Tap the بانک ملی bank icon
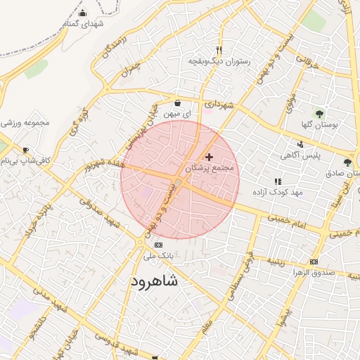pyautogui.click(x=157, y=245)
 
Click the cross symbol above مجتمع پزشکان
pyautogui.click(x=209, y=156)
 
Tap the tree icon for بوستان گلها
pyautogui.click(x=320, y=112)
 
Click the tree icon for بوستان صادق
pyautogui.click(x=347, y=162)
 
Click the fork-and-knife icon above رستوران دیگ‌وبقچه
pyautogui.click(x=219, y=51)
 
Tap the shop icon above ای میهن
pyautogui.click(x=177, y=103)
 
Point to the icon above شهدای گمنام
pyautogui.click(x=83, y=13)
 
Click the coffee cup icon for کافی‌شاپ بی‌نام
pyautogui.click(x=26, y=150)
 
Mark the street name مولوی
pyautogui.click(x=290, y=106)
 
